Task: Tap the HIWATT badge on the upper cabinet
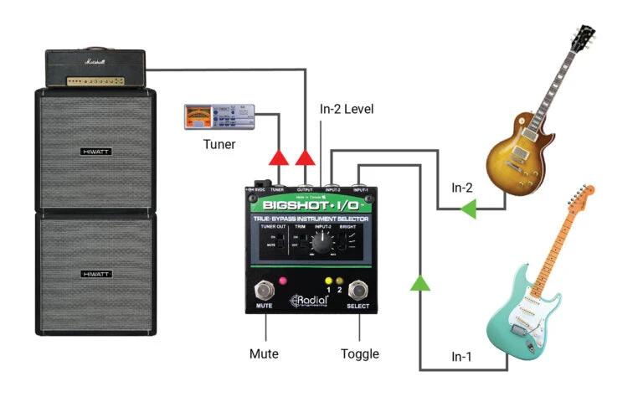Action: click(x=98, y=152)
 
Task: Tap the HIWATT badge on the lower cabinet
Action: click(x=98, y=274)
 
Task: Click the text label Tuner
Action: click(x=219, y=144)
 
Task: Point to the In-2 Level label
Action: click(x=347, y=109)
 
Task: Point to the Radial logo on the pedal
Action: click(x=311, y=303)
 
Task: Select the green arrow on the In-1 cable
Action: click(x=418, y=284)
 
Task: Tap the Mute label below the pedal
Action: click(x=264, y=354)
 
